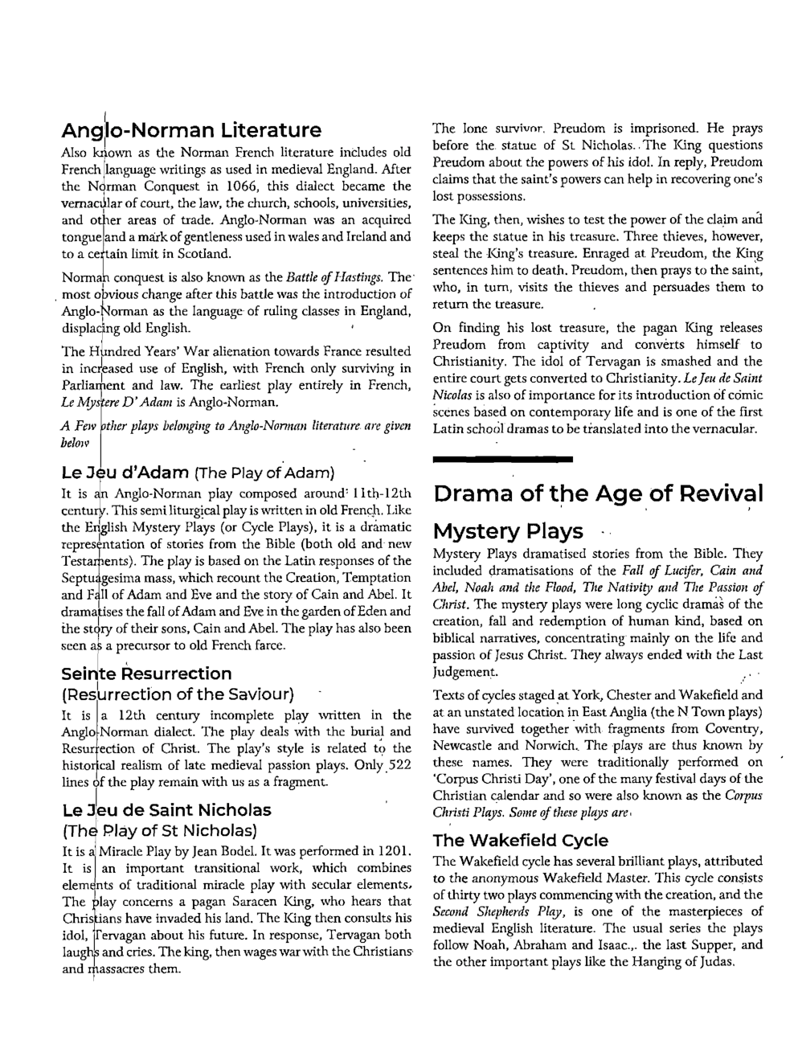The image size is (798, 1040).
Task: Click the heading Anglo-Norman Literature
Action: pos(191,130)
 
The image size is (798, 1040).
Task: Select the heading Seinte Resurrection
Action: pos(146,674)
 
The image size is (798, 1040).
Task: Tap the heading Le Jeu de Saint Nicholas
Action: pos(166,810)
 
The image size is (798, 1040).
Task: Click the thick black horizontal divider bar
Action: pos(502,459)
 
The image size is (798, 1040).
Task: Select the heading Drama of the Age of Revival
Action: pos(598,493)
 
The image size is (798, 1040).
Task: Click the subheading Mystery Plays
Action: pos(508,532)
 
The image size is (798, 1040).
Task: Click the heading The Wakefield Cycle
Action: pos(520,841)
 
